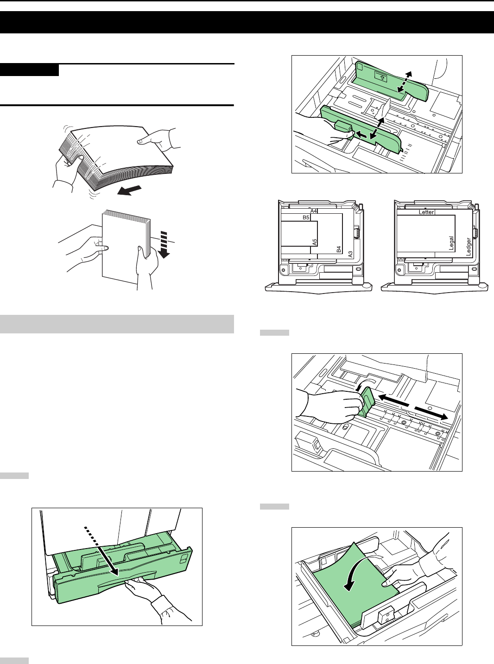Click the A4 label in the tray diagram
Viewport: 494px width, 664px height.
314,211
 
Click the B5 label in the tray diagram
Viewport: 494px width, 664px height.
306,217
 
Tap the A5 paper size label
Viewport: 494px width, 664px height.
314,242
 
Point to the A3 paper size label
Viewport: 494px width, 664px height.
351,254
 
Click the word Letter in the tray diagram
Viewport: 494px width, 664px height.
426,212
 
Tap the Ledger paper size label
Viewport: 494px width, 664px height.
469,247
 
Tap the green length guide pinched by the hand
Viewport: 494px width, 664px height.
366,401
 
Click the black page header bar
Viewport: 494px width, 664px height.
247,22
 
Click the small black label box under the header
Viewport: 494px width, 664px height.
30,70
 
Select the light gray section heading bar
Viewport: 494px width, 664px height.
117,324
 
